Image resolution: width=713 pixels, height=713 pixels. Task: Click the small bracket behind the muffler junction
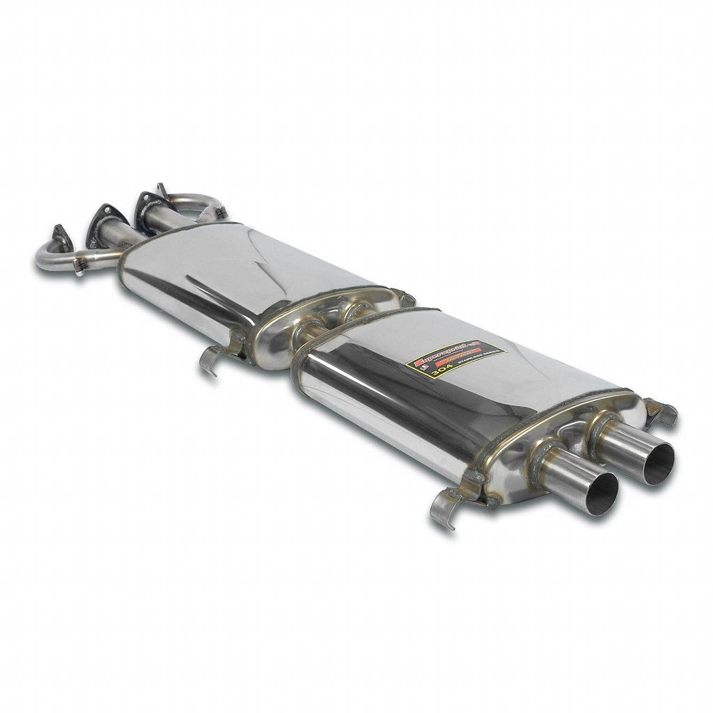(404, 297)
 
